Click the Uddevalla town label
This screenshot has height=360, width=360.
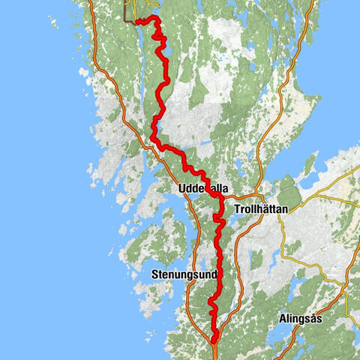pos(203,189)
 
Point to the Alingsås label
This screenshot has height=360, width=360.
pos(301,318)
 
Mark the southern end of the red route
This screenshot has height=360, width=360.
pos(214,342)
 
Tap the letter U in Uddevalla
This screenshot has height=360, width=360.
pos(182,189)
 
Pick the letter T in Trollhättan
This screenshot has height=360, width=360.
pos(237,210)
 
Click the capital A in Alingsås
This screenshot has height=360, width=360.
pos(282,318)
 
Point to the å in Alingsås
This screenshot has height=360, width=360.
pos(312,318)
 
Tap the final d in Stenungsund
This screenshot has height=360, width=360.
pos(214,275)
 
